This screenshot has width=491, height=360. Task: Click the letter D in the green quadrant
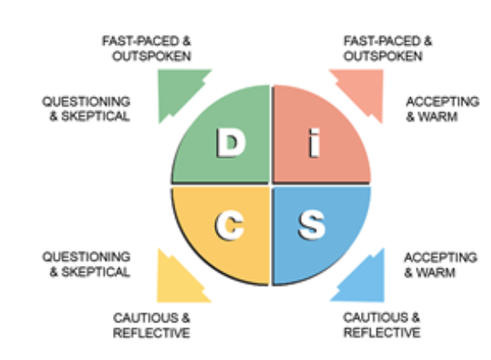click(x=231, y=146)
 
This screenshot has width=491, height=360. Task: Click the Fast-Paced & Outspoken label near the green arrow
click(x=146, y=48)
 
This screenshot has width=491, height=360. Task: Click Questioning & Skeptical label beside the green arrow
click(x=86, y=108)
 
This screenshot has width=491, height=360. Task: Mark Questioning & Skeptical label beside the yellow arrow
click(x=86, y=264)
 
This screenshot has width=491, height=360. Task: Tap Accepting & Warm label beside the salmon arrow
click(x=440, y=108)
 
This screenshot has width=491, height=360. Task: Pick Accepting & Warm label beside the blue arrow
click(x=440, y=264)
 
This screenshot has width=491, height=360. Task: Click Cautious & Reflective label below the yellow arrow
click(x=151, y=324)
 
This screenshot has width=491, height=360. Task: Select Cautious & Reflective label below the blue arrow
click(x=381, y=324)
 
